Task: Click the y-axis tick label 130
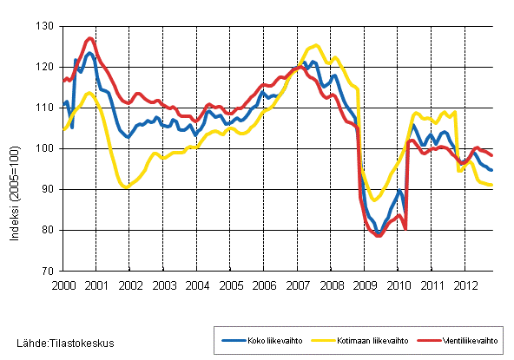tap(48, 26)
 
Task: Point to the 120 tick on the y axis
tap(48, 67)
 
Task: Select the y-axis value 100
tap(48, 148)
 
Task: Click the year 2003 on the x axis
tap(163, 285)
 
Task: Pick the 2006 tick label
tap(264, 285)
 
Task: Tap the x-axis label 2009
tap(365, 285)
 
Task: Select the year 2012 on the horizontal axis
tap(465, 285)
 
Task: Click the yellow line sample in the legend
tap(321, 339)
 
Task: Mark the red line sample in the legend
tap(425, 339)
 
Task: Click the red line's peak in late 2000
tap(89, 38)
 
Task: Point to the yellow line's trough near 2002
tap(127, 187)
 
